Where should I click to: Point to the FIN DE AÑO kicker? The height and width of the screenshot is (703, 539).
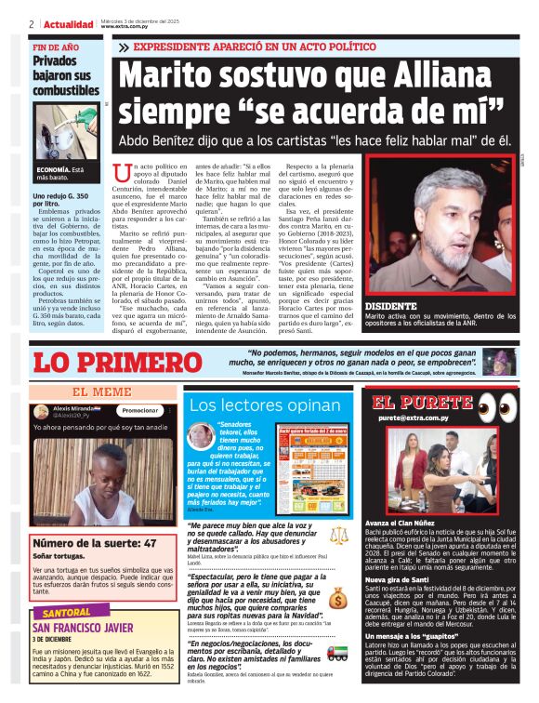[56, 46]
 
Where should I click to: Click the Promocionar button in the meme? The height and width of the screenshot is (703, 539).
[140, 410]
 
